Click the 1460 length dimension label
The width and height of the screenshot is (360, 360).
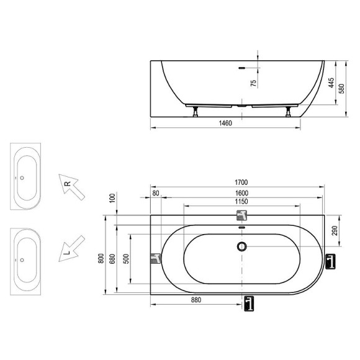[x=225, y=124]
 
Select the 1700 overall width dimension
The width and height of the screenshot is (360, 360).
[x=241, y=182]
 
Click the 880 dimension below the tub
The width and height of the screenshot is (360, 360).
[x=196, y=299]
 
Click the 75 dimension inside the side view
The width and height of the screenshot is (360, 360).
[x=253, y=84]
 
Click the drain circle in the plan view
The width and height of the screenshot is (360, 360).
[x=241, y=246]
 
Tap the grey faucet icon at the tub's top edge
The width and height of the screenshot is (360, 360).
[x=241, y=215]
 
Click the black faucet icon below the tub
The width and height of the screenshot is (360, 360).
[x=249, y=303]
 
